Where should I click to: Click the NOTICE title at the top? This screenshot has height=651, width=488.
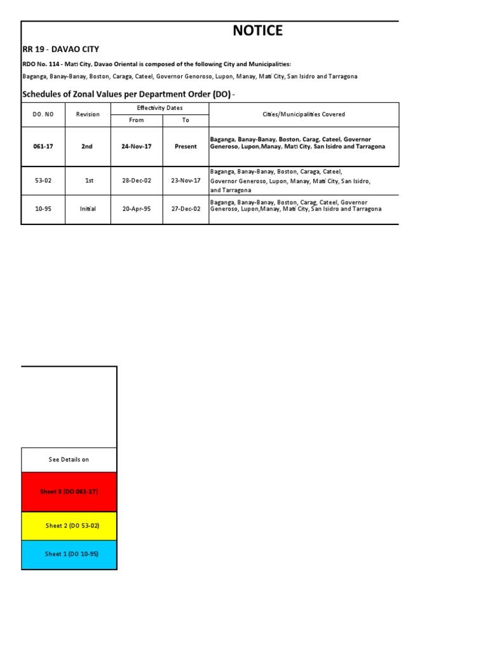point(257,31)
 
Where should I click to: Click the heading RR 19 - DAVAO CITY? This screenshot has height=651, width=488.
point(61,49)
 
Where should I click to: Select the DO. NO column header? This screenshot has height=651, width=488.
point(43,114)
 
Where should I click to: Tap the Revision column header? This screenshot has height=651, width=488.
point(88,114)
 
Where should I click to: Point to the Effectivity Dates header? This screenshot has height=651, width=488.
point(159,108)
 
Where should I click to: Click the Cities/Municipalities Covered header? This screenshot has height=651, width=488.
point(304,114)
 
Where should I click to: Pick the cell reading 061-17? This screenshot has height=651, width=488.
point(43,146)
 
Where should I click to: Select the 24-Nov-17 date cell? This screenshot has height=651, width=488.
point(136,146)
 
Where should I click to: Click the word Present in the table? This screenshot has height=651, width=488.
point(186,146)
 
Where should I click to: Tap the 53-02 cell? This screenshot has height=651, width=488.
point(43,181)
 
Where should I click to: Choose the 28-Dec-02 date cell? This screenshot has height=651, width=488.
point(136,181)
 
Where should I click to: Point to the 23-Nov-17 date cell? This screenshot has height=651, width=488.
point(186,181)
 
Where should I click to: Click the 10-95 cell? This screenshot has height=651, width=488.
point(43,209)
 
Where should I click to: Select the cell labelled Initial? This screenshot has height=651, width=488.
point(88,209)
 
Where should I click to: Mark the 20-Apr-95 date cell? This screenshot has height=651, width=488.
point(136,209)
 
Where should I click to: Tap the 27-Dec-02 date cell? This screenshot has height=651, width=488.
point(186,209)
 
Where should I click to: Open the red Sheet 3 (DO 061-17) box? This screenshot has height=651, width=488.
point(69,491)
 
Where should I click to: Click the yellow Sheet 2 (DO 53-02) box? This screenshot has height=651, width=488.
point(69,526)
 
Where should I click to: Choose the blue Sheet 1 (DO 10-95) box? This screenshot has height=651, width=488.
point(69,554)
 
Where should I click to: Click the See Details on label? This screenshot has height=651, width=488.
point(69,459)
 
